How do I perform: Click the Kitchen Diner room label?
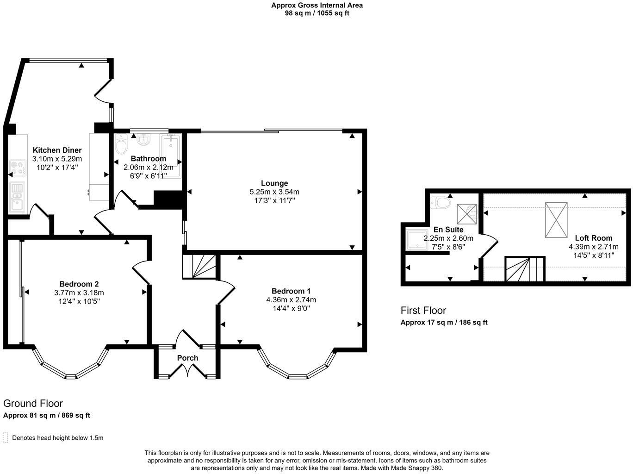point(57,150)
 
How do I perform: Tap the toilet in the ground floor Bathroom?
point(121,144)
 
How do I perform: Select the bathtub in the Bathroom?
point(170,156)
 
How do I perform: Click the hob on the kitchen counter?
point(18,168)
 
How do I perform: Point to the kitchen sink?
point(17,197)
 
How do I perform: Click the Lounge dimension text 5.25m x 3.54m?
point(274,192)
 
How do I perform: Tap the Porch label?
point(187,358)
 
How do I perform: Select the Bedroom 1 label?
point(291,291)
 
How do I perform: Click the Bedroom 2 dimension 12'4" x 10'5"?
point(79,301)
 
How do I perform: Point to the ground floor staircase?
point(199,266)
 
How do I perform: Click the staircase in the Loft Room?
point(525,269)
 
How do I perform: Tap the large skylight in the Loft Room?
point(556,220)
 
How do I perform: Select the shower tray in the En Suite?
point(417,240)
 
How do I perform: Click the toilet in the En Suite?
point(441,203)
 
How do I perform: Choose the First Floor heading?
point(423,311)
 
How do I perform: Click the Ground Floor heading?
point(33,403)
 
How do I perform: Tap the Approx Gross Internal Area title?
point(317,5)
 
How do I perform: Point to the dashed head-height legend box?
point(6,437)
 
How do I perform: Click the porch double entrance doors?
point(188,371)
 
